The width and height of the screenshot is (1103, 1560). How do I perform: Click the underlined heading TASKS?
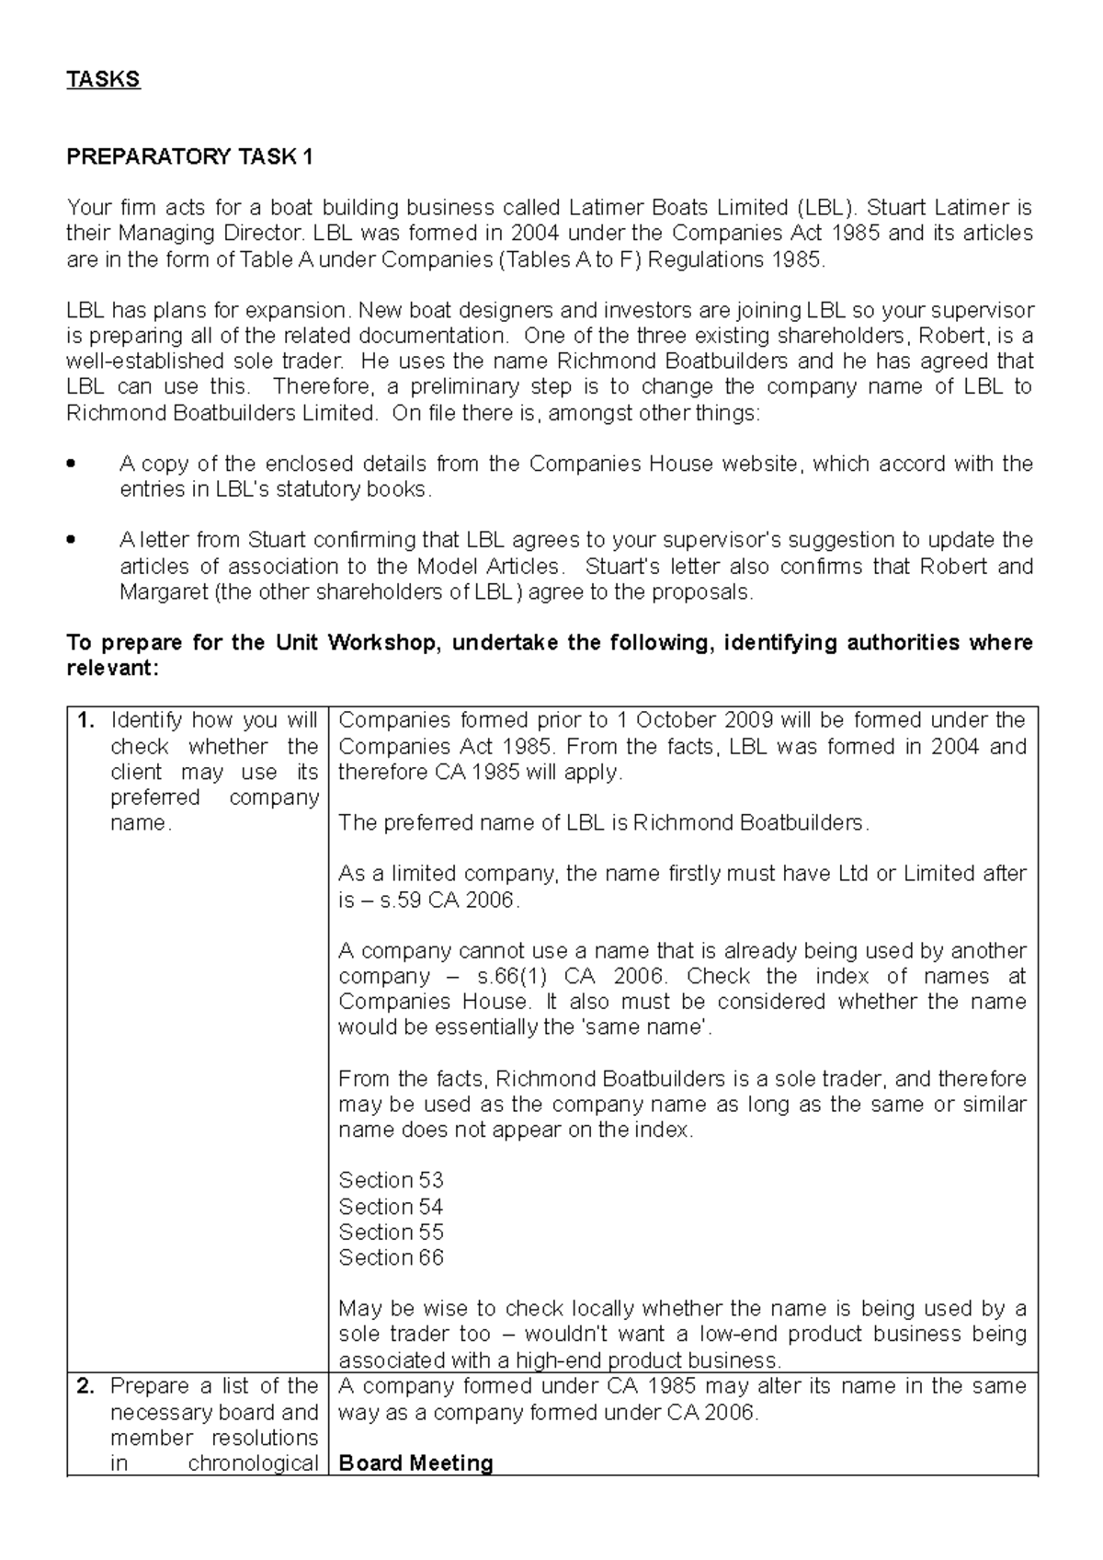(x=103, y=79)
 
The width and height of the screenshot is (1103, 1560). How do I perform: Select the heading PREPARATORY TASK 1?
(x=189, y=157)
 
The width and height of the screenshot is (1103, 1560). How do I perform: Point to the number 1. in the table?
(x=85, y=720)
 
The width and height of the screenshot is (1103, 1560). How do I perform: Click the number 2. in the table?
(x=85, y=1386)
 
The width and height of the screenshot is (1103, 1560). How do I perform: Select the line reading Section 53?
(x=391, y=1180)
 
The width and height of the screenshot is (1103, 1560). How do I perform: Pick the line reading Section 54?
(x=391, y=1206)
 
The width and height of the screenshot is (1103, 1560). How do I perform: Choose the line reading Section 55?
(x=391, y=1232)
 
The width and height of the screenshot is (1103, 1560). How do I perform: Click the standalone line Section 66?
(x=391, y=1257)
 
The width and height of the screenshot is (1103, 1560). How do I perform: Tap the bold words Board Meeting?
(x=415, y=1463)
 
